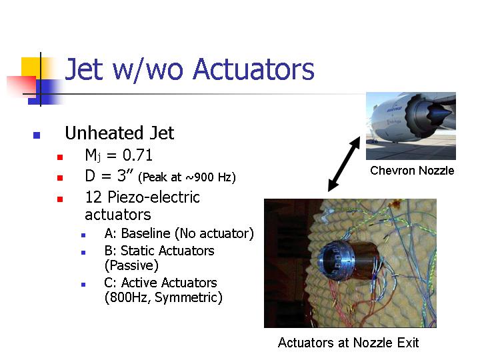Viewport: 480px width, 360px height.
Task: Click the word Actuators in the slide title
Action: (254, 69)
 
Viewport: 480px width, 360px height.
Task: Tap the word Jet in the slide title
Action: (84, 69)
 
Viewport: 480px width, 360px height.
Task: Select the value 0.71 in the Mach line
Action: (137, 155)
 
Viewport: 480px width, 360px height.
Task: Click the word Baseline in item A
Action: (146, 233)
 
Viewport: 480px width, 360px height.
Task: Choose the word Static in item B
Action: (137, 251)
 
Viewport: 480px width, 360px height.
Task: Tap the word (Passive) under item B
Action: (131, 265)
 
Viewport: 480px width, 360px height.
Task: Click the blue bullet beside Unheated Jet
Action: (37, 135)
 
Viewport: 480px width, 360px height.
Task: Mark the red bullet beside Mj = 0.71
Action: (60, 157)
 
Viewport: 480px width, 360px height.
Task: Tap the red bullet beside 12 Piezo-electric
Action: (60, 199)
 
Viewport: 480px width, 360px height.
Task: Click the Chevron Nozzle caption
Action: (412, 171)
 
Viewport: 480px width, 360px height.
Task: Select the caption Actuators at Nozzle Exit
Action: (349, 343)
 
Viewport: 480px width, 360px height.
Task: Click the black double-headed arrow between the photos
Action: (344, 164)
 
